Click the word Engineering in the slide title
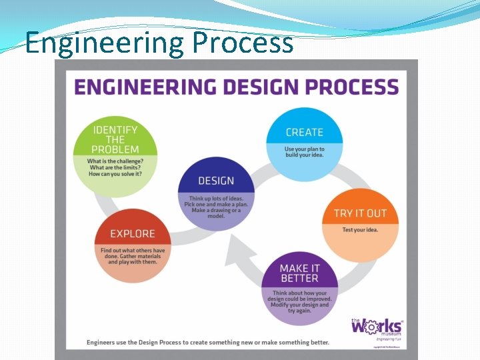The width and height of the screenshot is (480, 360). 105,43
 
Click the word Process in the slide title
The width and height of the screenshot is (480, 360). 242,43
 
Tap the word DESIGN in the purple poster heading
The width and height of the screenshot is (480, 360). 252,87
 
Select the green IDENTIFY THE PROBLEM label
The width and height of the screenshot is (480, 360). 115,139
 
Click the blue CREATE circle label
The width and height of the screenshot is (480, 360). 304,133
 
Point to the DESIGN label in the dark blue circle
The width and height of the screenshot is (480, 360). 216,181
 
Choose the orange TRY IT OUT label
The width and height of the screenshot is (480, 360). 360,213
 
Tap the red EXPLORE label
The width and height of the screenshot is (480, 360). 132,234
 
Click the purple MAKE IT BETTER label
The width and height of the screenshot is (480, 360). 299,273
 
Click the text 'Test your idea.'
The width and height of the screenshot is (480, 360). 360,230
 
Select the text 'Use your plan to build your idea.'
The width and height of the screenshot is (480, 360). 304,152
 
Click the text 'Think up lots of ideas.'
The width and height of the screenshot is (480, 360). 216,198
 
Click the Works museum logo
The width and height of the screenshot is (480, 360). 377,327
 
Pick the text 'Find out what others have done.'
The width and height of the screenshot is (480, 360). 133,253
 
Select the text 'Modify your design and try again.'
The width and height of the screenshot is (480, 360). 299,307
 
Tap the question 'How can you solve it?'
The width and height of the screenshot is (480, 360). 115,174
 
